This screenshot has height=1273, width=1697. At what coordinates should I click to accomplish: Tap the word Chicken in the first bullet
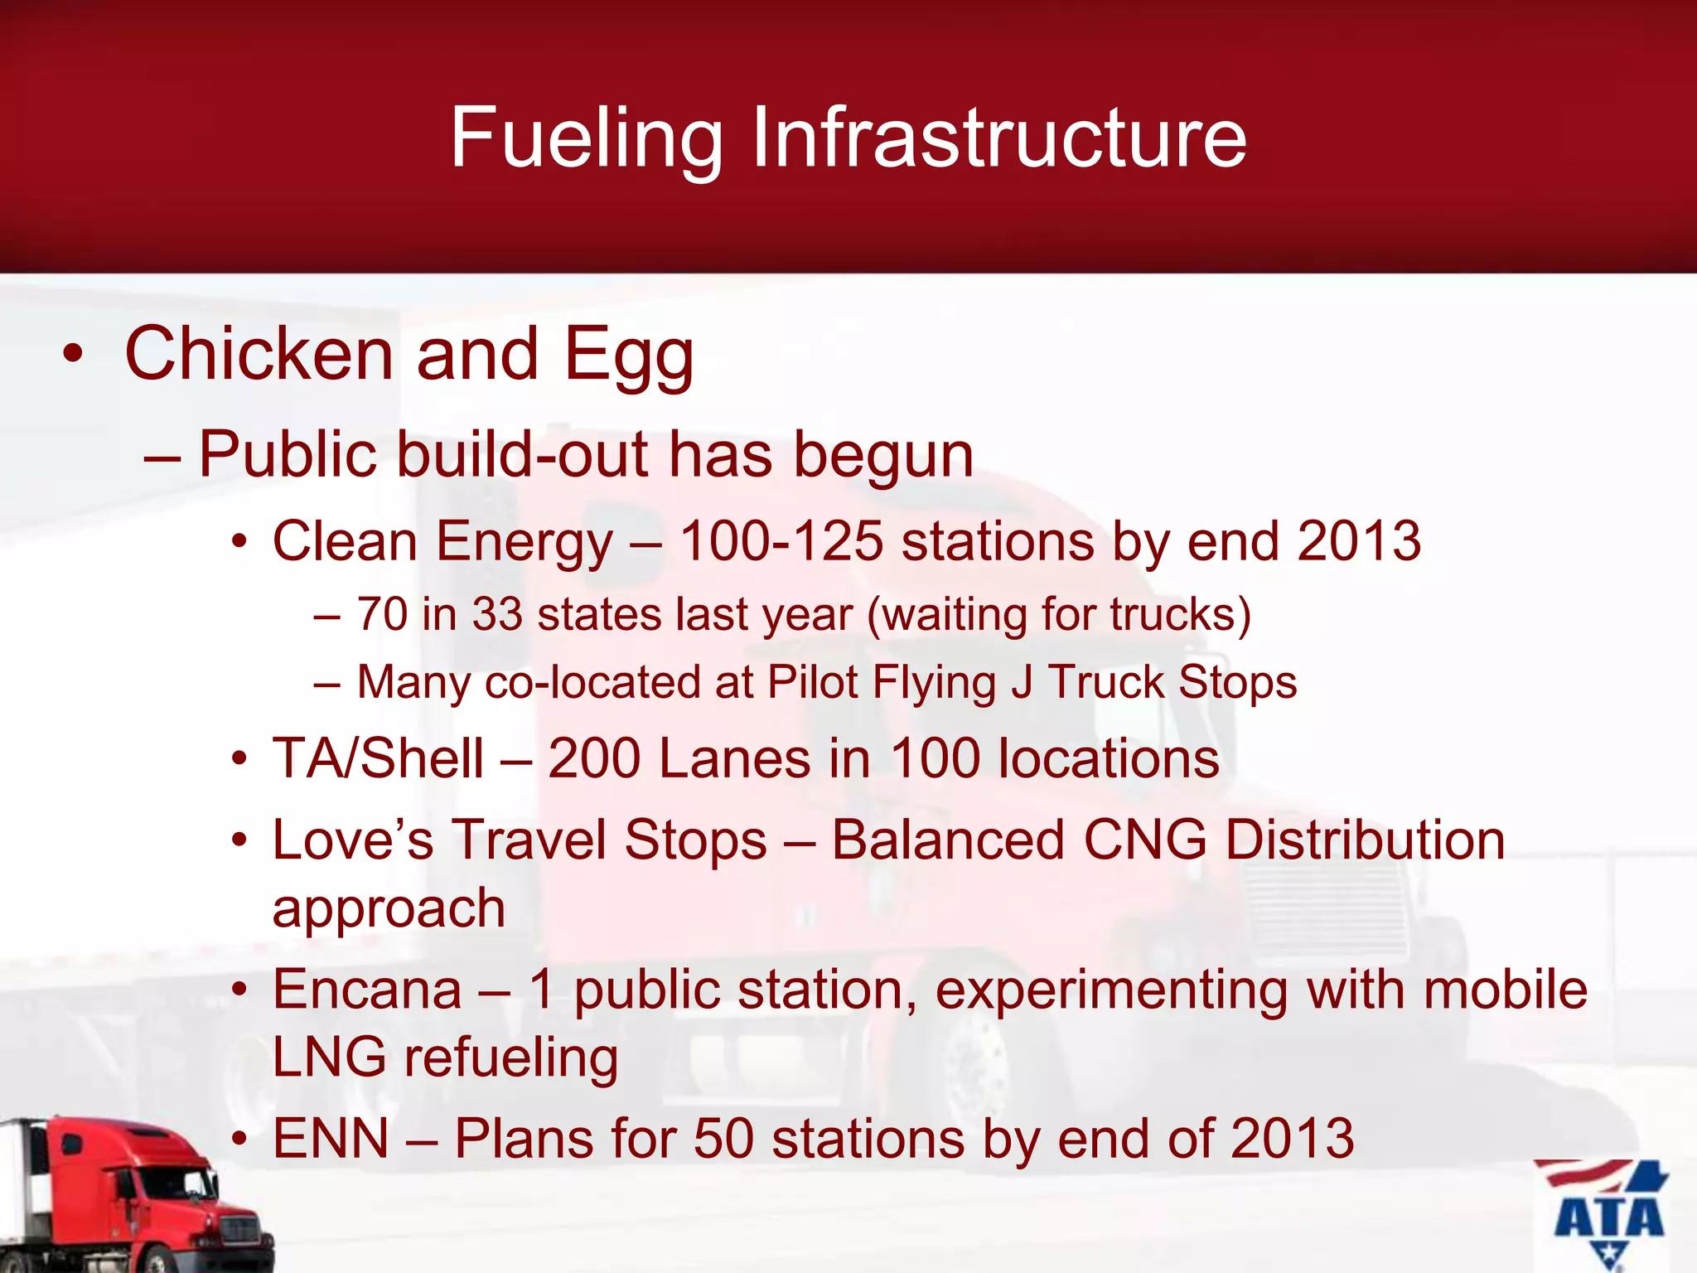click(259, 354)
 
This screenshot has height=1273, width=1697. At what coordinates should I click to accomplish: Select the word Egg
click(628, 356)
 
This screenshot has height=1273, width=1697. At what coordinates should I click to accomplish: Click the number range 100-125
click(781, 541)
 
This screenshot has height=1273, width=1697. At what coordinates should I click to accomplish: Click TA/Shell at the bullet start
click(378, 758)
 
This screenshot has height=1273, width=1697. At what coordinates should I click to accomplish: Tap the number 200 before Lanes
click(594, 758)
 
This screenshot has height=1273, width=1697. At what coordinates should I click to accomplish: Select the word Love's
click(353, 840)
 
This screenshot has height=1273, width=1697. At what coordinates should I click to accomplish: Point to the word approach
click(389, 909)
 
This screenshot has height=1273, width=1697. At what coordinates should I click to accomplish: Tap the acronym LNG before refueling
click(329, 1058)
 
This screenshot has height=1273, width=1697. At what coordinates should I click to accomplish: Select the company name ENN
click(331, 1138)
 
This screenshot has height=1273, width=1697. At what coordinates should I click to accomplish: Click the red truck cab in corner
click(141, 1193)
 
